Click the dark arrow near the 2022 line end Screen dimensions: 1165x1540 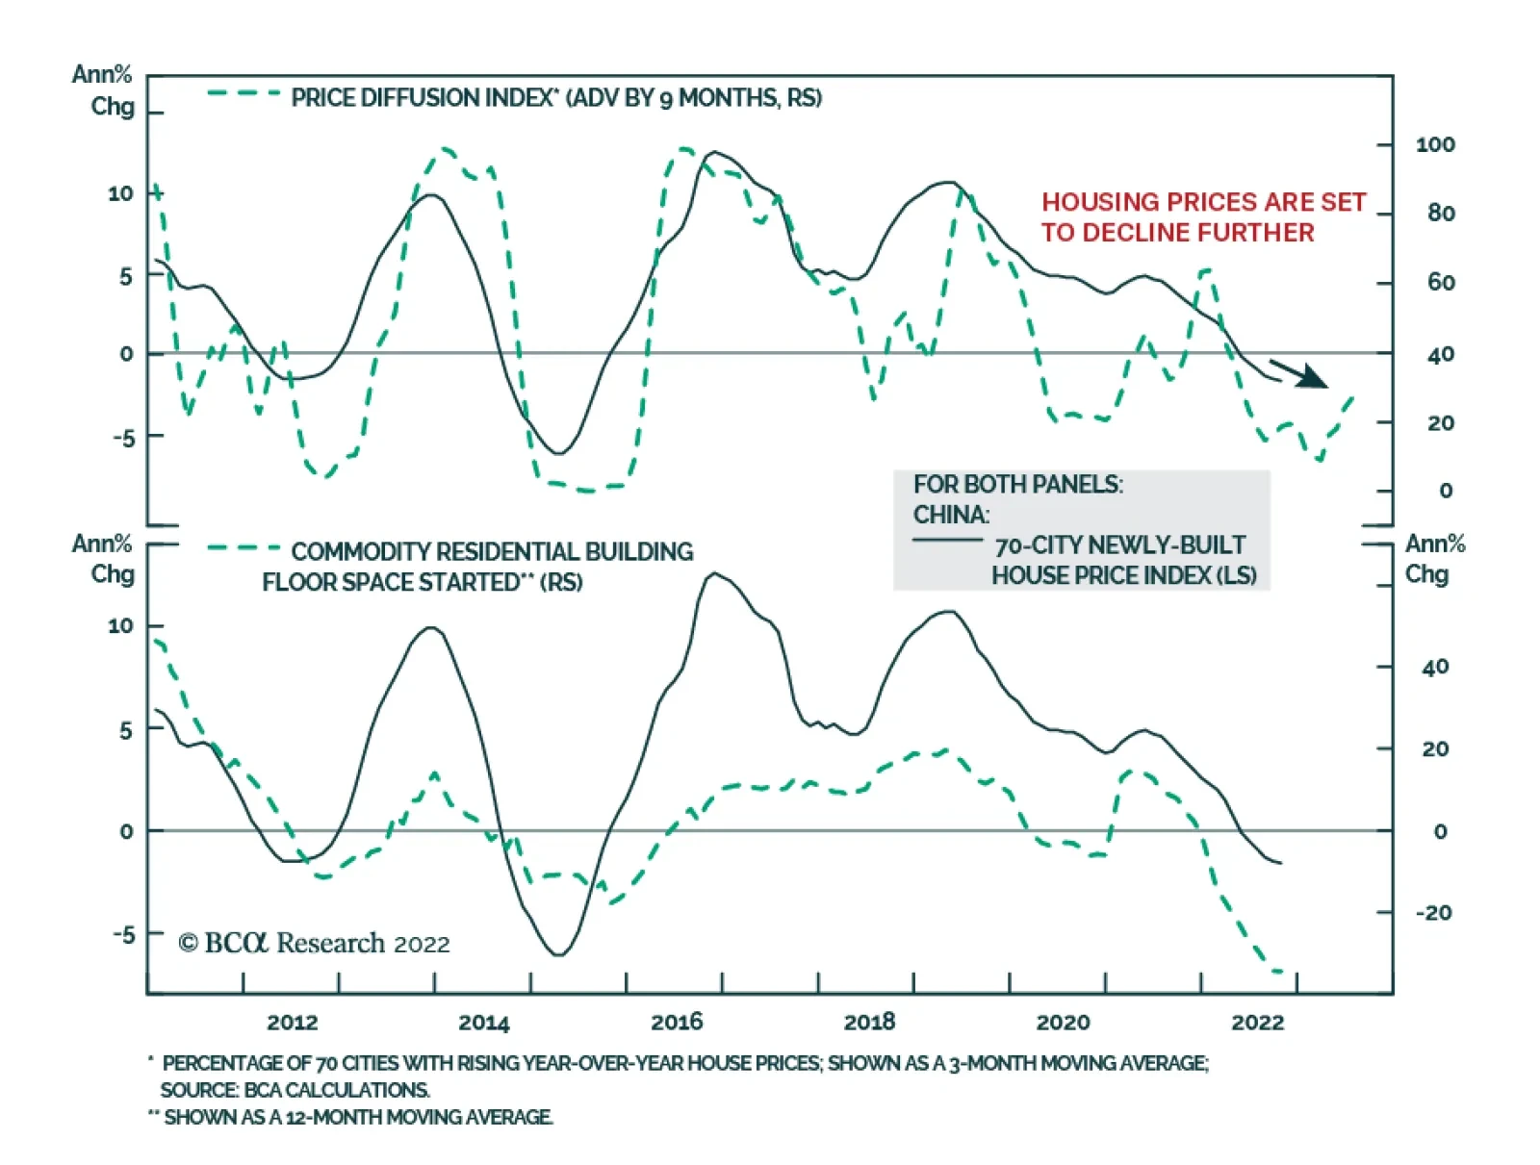(1301, 373)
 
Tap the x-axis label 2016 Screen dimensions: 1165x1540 (677, 1022)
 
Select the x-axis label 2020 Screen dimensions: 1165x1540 (1063, 1022)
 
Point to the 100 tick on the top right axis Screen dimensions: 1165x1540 (1435, 145)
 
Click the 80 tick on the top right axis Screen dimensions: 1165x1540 (1441, 214)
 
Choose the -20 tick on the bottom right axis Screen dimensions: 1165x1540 (1433, 913)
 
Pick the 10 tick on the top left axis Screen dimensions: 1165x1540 (120, 193)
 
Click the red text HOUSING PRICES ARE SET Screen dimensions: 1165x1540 (1203, 202)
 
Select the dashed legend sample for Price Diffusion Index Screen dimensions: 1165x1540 (244, 94)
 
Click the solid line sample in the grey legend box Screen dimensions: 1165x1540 (947, 540)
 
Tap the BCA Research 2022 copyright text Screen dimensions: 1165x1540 (314, 943)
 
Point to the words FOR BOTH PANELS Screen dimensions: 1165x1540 (1017, 484)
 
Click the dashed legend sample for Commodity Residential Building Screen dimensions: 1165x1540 (244, 548)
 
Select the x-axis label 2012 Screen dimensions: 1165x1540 (292, 1022)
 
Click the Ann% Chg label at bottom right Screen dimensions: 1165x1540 (1434, 559)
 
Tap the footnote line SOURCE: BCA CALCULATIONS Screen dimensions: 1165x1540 (295, 1090)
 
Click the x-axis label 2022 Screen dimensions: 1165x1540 (1257, 1022)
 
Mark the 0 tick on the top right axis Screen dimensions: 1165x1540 (1446, 491)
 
